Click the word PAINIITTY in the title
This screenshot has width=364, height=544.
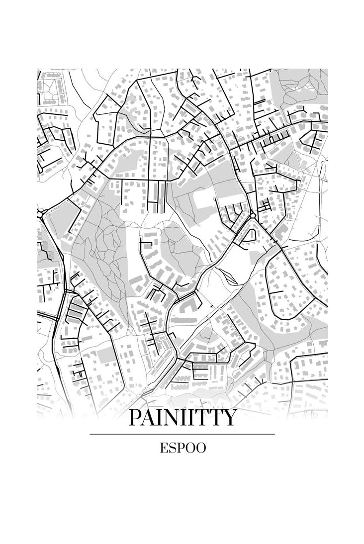182,418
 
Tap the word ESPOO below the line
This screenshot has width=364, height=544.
182,448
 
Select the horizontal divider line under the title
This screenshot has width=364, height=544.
182,434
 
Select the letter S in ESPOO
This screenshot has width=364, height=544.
173,448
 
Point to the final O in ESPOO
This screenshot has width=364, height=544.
200,448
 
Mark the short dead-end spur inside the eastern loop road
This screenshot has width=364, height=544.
276,292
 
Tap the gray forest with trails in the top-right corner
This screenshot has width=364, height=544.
303,85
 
